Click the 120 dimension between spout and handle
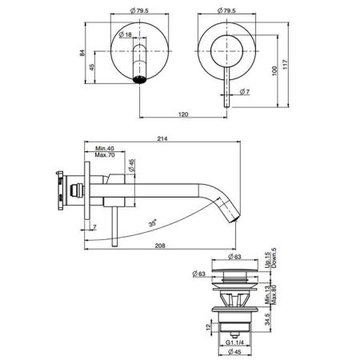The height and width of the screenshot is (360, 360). click(x=183, y=114)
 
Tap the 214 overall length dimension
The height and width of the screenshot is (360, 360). click(x=162, y=138)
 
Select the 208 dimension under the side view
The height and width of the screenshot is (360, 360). click(x=160, y=246)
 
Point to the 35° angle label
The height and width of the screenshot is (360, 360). click(x=152, y=222)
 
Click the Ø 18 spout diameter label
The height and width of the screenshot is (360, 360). click(x=125, y=34)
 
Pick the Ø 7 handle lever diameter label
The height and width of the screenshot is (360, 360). click(x=245, y=92)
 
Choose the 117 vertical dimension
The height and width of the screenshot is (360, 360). click(x=286, y=65)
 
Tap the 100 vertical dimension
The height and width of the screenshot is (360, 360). click(x=275, y=71)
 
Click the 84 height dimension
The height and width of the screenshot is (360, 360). click(x=82, y=53)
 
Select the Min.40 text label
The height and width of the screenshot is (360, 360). click(x=105, y=148)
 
